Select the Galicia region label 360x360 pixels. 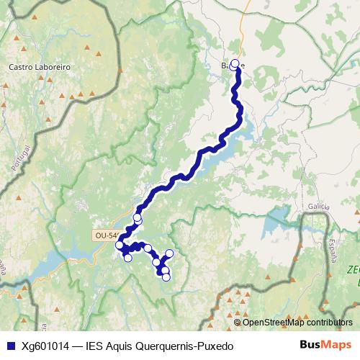coord(318,207)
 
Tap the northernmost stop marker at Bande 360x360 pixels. coord(234,63)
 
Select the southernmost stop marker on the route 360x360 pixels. coord(166,277)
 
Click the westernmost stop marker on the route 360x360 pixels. coord(119,246)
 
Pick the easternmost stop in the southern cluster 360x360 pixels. coord(170,253)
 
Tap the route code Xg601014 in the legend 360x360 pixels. coord(45,346)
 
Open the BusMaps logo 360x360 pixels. coord(325,345)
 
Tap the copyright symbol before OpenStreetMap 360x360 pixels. coord(238,323)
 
